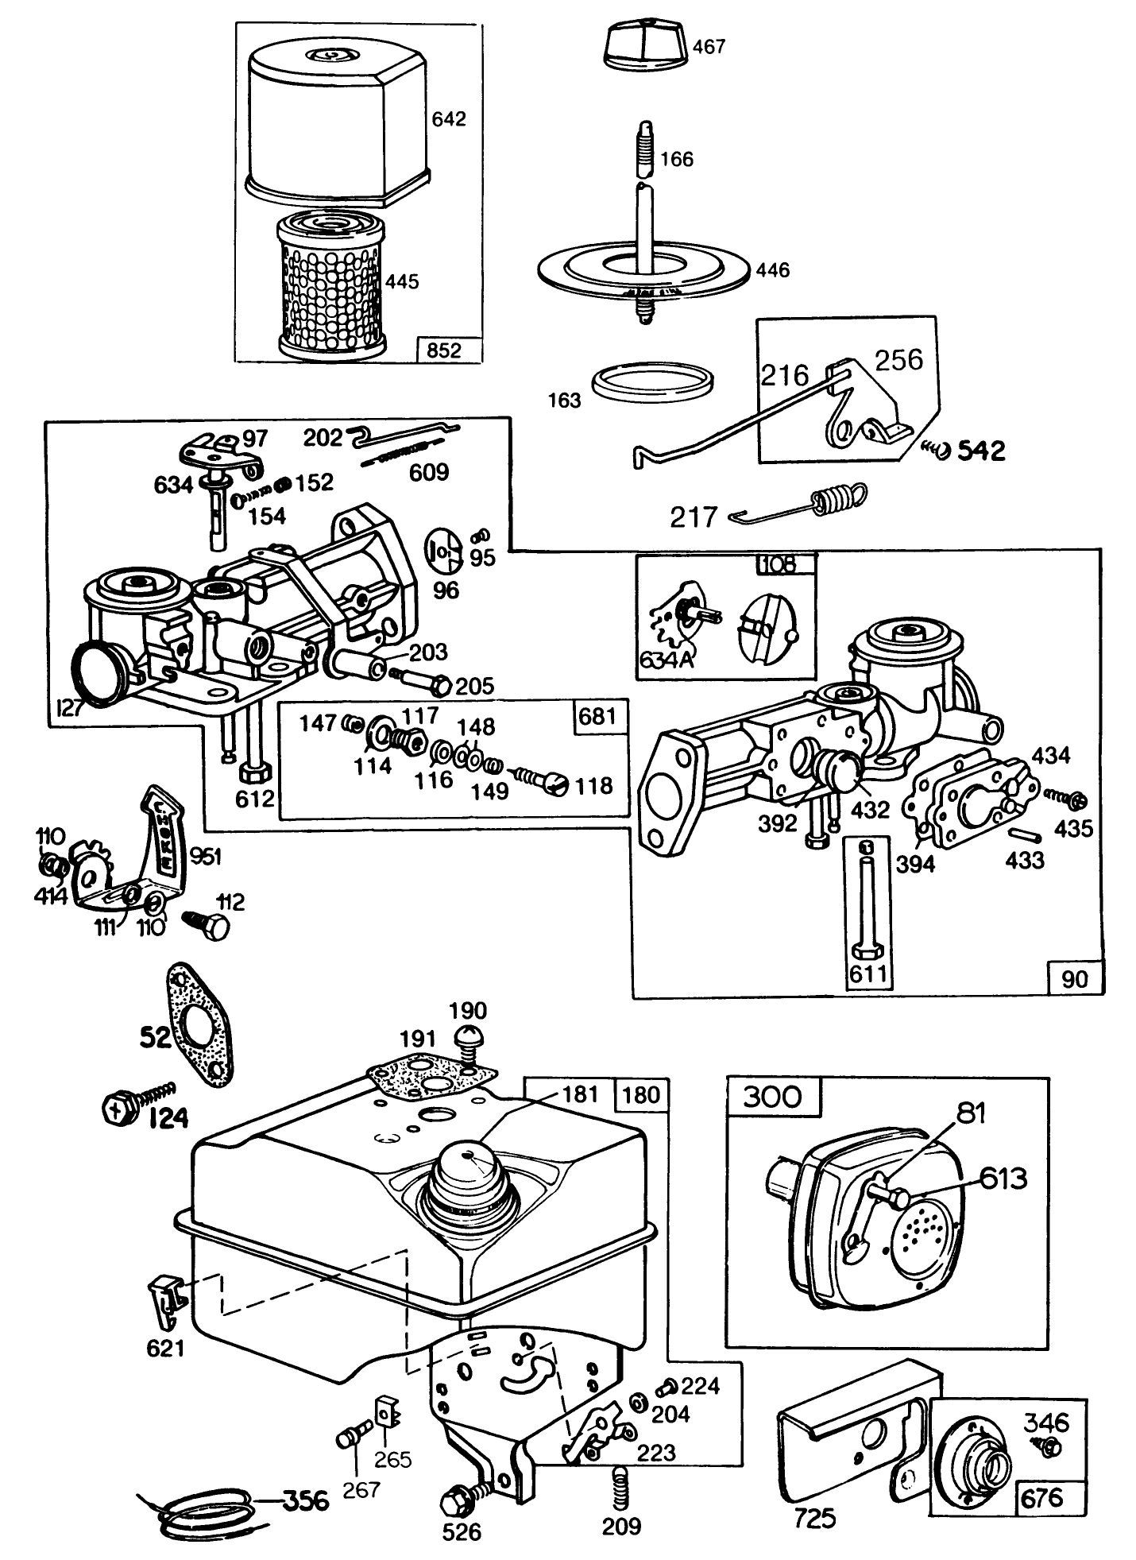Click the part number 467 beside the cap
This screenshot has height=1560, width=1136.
click(x=709, y=47)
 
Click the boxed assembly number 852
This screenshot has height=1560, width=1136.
click(x=443, y=350)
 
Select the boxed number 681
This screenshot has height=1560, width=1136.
click(x=597, y=717)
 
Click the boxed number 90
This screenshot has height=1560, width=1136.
click(x=1074, y=978)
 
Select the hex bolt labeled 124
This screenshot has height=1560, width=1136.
click(x=119, y=1108)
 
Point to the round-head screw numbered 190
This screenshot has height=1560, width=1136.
click(x=469, y=1043)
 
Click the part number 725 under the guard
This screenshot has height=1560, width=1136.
click(x=814, y=1519)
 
